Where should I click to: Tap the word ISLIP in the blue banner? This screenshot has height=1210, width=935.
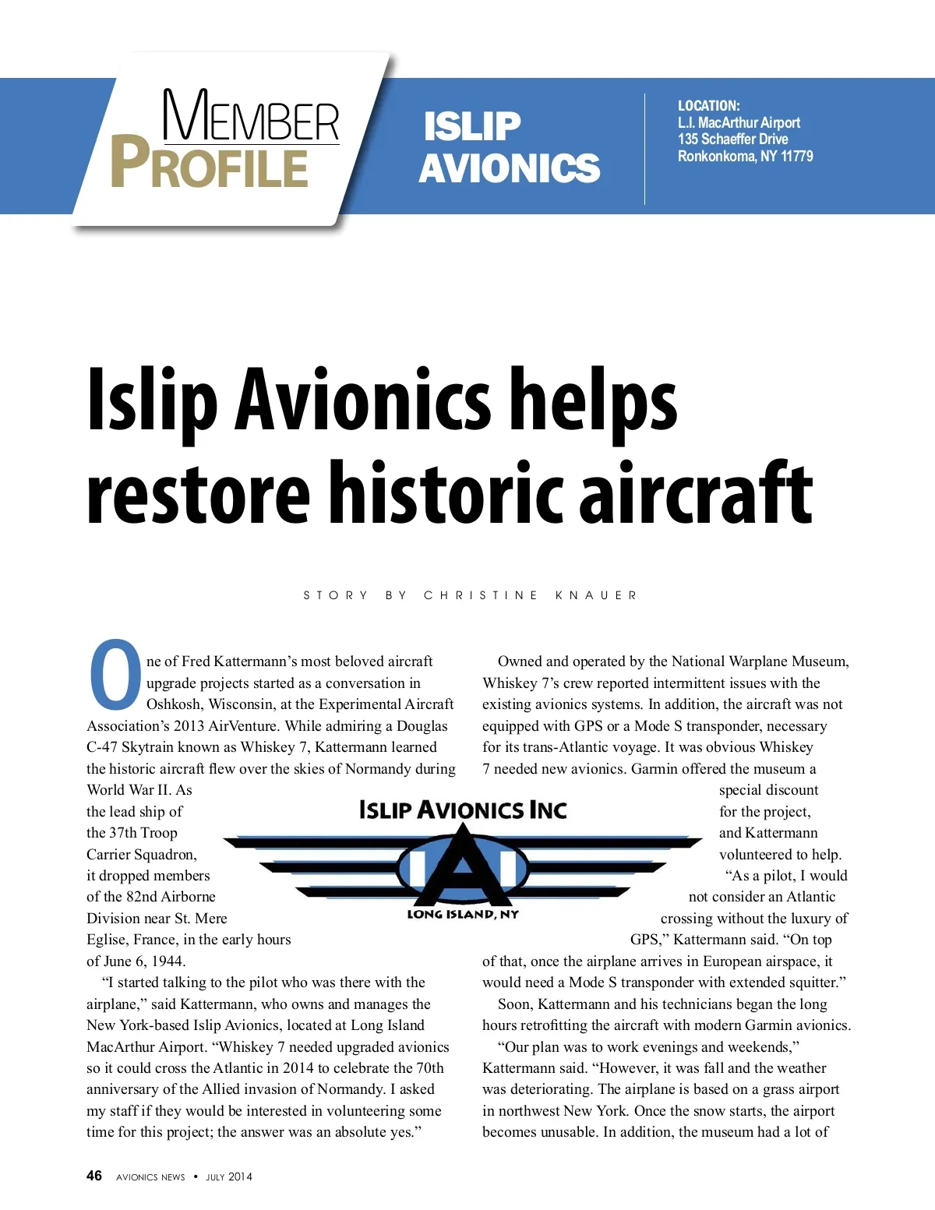point(472,126)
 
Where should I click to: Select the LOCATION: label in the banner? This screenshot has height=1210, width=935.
point(708,105)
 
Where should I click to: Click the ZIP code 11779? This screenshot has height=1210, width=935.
point(797,156)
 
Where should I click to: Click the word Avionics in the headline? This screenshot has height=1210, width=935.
point(364,399)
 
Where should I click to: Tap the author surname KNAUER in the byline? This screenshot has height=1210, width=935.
point(597,595)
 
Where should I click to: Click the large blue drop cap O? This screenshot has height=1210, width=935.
point(115,676)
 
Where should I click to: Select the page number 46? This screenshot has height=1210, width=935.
point(94,1176)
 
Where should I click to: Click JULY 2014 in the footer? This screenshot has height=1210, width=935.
point(229,1176)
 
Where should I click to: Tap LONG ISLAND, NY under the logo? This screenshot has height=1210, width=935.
point(463,914)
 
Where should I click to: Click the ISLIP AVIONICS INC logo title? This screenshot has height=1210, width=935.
point(463,810)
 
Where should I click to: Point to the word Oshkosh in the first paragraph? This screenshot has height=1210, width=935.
point(172,704)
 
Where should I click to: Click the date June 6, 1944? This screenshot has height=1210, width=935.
point(145,961)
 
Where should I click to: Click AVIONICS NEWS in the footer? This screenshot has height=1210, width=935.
point(150,1176)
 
